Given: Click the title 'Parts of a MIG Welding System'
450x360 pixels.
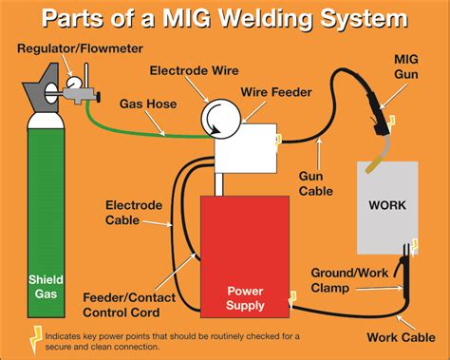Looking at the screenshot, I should pos(225,18).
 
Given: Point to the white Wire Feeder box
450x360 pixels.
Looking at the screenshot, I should pos(244,148).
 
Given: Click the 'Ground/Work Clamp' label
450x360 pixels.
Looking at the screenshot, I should pos(346,280).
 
